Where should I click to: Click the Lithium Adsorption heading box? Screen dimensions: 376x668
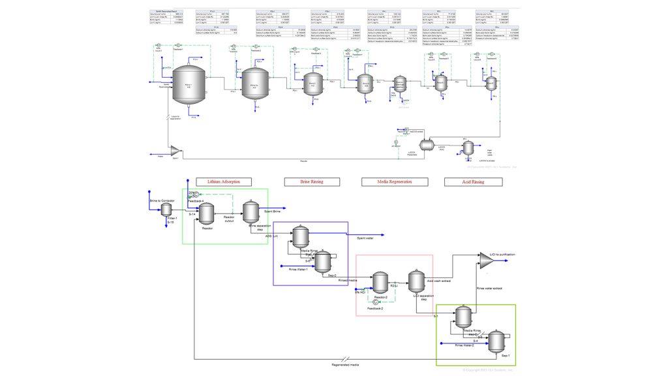coord(224,181)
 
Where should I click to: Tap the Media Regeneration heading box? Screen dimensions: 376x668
coord(386,181)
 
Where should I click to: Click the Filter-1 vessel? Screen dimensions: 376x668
coord(166,209)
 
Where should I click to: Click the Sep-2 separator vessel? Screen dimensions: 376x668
coord(322,263)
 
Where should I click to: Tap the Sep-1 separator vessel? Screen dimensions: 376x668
coord(496,341)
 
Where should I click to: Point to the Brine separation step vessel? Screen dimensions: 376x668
coord(251,211)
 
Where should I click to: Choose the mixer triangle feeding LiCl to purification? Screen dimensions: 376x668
coord(486,260)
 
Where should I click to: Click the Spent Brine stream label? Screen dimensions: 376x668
coord(272,211)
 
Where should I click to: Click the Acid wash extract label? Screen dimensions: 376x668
coord(439,281)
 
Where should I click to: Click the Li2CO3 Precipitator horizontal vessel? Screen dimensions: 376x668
coord(427,144)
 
